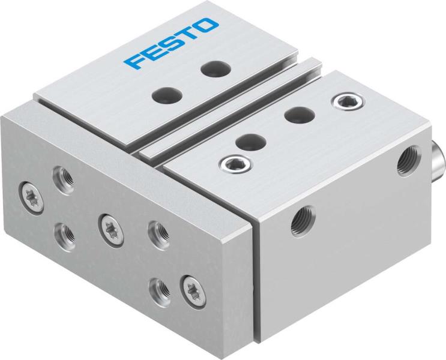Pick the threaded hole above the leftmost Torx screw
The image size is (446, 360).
tap(63, 176)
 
